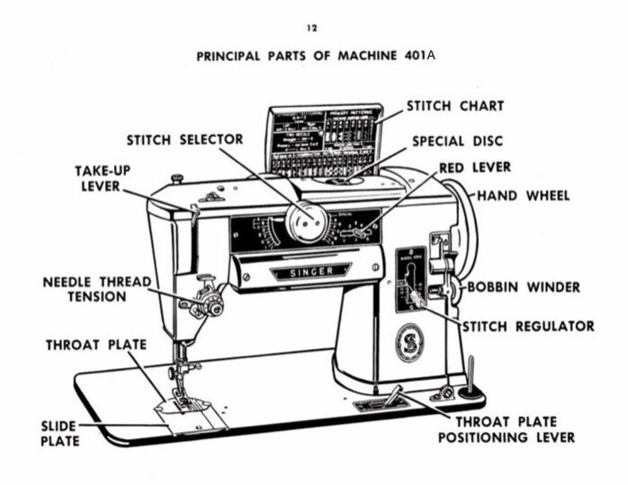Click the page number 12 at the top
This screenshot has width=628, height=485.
pyautogui.click(x=311, y=29)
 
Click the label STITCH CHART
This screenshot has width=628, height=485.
pyautogui.click(x=455, y=106)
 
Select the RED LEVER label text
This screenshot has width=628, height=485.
pyautogui.click(x=475, y=167)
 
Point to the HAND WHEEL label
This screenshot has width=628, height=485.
pyautogui.click(x=523, y=195)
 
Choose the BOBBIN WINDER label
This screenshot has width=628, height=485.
pyautogui.click(x=524, y=288)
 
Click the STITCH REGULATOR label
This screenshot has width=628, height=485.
pyautogui.click(x=528, y=326)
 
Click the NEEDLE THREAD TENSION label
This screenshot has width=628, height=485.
pyautogui.click(x=97, y=289)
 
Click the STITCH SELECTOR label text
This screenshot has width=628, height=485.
pyautogui.click(x=184, y=139)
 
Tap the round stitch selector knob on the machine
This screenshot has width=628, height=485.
pyautogui.click(x=307, y=221)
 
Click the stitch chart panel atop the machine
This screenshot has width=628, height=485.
pyautogui.click(x=323, y=139)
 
